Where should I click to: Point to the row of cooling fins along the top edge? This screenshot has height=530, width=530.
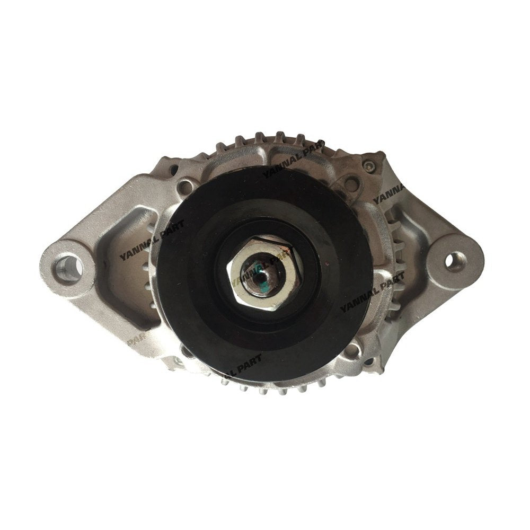tap(265, 139)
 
